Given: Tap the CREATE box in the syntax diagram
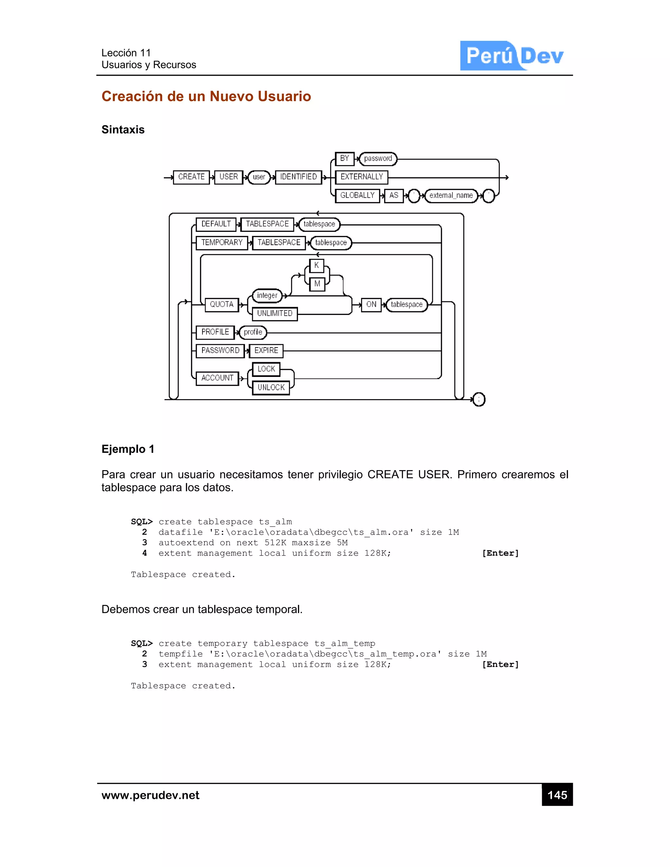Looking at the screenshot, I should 191,177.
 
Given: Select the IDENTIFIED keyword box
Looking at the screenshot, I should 298,177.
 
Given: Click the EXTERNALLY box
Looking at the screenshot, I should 361,177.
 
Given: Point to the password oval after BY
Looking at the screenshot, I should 378,159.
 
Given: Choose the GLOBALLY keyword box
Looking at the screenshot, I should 357,196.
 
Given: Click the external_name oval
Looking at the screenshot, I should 451,196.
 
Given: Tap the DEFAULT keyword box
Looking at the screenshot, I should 216,224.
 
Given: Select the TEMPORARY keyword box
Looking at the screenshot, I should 221,242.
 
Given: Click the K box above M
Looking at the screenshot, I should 316,266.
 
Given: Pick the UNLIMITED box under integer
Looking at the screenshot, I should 275,314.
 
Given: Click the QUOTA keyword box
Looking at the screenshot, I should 221,305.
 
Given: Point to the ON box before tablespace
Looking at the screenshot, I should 371,305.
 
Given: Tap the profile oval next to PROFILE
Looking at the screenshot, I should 253,332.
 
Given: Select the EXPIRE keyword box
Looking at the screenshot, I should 266,350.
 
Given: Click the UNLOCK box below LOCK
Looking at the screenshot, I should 271,387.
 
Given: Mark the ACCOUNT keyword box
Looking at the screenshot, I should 217,378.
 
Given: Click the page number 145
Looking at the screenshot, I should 557,795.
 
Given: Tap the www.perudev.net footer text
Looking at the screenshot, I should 150,795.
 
